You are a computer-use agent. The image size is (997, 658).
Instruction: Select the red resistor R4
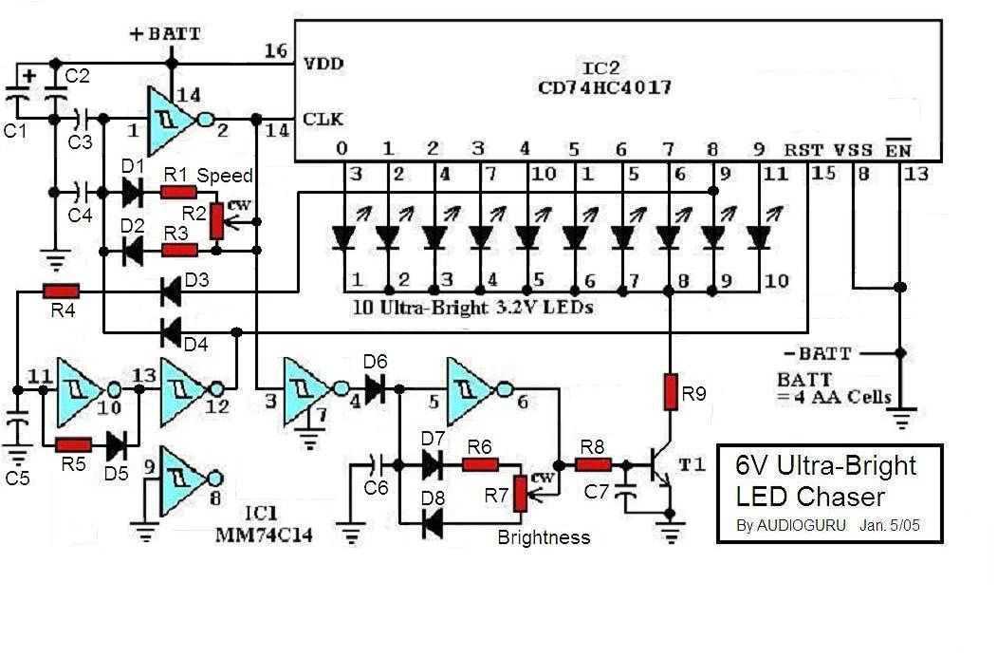61,291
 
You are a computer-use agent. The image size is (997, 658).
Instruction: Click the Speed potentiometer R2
216,219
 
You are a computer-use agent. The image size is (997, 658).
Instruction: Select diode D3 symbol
171,291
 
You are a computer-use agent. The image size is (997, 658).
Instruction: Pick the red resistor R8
594,465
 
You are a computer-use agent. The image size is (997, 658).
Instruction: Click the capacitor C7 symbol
625,495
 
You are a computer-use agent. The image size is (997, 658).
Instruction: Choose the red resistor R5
73,444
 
